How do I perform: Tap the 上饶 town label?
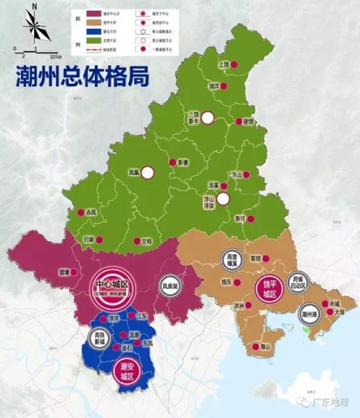pos(224,64)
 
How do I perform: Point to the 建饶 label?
pos(250,121)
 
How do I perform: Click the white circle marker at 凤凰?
pos(148,172)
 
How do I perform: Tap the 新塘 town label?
pos(183,163)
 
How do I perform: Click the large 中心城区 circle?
pos(111,285)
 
